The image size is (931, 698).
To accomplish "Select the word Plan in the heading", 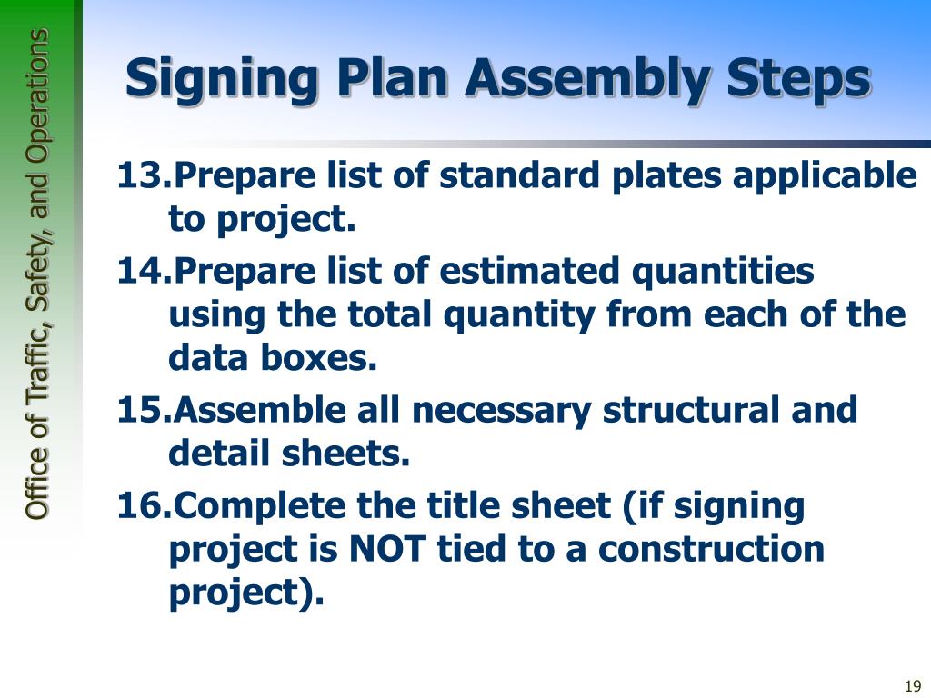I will point(391,79).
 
